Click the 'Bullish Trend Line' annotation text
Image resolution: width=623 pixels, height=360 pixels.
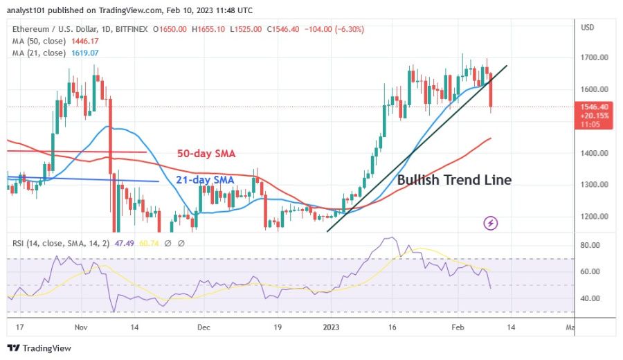point(454,180)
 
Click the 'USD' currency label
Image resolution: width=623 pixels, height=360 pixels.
point(588,28)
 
